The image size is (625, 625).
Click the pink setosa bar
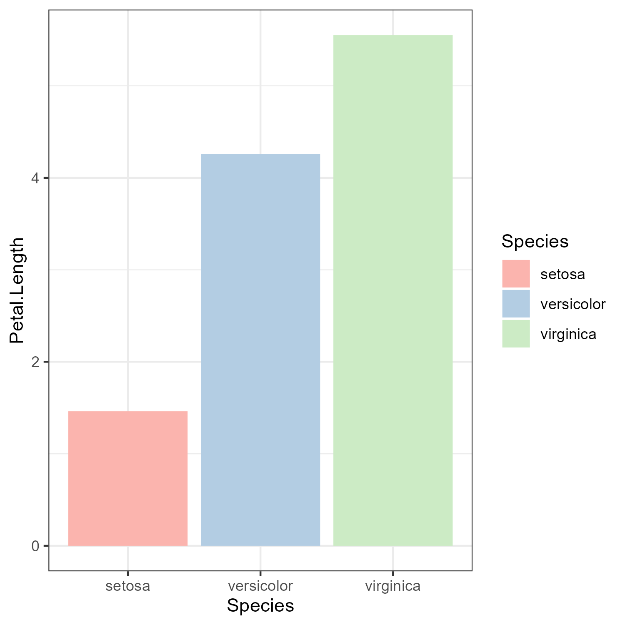click(x=127, y=478)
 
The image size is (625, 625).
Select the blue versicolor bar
click(x=260, y=350)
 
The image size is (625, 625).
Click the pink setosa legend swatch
click(x=516, y=274)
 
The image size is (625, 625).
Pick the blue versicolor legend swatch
click(x=516, y=304)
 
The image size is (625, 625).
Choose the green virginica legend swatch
click(x=516, y=334)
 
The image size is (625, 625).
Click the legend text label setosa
click(x=562, y=274)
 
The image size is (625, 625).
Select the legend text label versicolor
click(x=572, y=304)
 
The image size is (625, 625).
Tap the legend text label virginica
click(x=568, y=334)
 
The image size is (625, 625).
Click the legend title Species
click(x=535, y=241)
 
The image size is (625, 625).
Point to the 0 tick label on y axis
click(x=35, y=546)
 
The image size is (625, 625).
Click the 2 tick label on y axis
click(x=35, y=362)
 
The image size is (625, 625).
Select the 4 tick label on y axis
click(x=35, y=178)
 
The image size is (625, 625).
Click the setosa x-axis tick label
click(x=127, y=586)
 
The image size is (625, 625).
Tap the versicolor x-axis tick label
click(x=260, y=586)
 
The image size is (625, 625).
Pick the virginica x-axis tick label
click(x=393, y=586)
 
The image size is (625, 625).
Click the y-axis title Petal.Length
click(x=17, y=290)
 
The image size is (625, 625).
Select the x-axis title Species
click(x=260, y=606)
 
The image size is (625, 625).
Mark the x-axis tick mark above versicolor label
click(x=260, y=573)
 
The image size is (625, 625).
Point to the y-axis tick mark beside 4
click(x=46, y=178)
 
